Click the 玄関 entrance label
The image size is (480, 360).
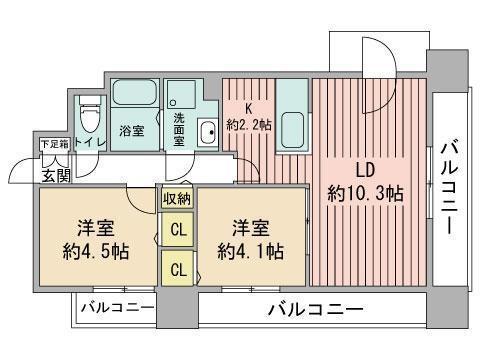tap(56, 176)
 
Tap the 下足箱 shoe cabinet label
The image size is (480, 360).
tap(54, 145)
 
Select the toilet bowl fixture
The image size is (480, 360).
tap(90, 115)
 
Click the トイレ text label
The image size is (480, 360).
tap(90, 143)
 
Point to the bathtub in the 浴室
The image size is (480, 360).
tap(135, 92)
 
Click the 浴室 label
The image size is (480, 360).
tap(132, 131)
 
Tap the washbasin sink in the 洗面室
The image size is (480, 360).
tap(207, 132)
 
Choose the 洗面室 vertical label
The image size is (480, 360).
tap(179, 130)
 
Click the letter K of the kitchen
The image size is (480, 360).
tap(248, 109)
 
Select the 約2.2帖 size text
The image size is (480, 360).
tap(249, 125)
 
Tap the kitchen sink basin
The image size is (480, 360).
tap(292, 130)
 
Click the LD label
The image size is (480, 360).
tap(365, 170)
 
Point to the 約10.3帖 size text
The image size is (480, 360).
tap(365, 193)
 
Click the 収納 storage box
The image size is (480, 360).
tap(177, 199)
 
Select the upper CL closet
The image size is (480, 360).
tap(178, 230)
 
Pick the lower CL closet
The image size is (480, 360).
tap(178, 268)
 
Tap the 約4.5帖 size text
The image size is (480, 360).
tap(96, 251)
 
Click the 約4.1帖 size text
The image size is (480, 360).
tap(251, 251)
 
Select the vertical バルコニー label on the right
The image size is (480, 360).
tap(449, 188)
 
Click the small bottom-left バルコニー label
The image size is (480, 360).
tap(118, 308)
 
